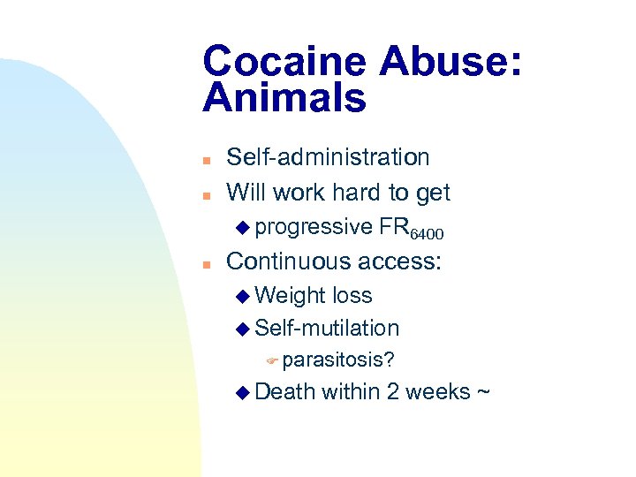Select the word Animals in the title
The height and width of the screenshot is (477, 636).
[284, 98]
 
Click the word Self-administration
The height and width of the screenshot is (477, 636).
[328, 158]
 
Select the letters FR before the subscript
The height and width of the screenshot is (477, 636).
[392, 227]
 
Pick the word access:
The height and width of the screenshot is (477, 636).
[401, 261]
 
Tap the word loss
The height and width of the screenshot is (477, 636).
[351, 296]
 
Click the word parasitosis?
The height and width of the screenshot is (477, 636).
[338, 360]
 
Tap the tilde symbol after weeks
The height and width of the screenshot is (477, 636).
[482, 392]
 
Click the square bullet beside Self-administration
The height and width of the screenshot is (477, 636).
[205, 160]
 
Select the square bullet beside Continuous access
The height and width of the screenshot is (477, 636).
[205, 263]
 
